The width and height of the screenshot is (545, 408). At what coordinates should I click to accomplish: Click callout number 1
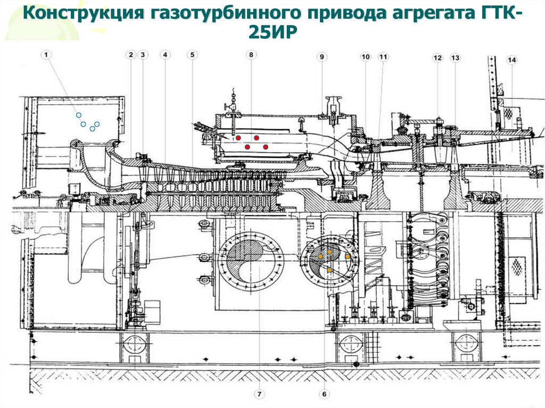[47, 54]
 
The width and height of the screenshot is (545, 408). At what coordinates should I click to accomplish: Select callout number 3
[142, 55]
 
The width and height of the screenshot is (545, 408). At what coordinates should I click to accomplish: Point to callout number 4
[166, 55]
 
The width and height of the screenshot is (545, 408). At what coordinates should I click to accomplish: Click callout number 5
[192, 55]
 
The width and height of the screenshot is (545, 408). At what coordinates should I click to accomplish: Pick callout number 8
[251, 55]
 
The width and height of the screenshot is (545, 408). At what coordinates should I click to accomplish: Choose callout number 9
[321, 56]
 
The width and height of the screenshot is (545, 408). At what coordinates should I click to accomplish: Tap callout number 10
[366, 56]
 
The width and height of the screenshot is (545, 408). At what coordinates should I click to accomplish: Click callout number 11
[384, 56]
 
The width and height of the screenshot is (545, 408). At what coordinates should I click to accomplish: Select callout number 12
[437, 57]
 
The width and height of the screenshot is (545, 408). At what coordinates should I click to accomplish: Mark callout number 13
[455, 57]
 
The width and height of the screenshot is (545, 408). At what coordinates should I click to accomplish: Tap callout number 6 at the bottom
[325, 394]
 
